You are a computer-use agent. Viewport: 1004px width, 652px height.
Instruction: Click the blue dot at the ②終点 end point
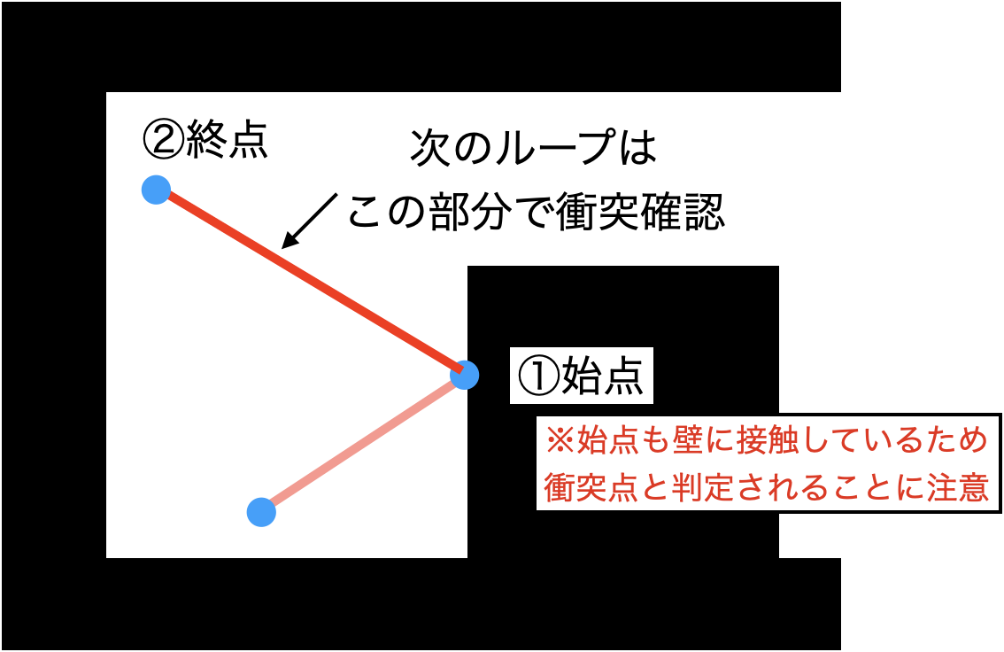pos(156,190)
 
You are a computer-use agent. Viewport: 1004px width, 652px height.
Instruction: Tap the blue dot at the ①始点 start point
pos(464,375)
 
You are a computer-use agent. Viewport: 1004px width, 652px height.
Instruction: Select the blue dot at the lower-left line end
pos(261,512)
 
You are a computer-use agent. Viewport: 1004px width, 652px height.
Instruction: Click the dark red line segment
pos(310,282)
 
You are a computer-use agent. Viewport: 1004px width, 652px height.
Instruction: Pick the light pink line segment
pos(362,443)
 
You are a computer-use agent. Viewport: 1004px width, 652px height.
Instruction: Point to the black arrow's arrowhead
pos(290,239)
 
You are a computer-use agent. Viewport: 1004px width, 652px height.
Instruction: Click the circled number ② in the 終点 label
pos(163,140)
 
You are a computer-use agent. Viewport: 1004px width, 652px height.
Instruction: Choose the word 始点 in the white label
pos(602,376)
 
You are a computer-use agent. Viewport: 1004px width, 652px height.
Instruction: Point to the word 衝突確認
pos(639,211)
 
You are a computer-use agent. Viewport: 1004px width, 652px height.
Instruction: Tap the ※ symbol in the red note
pos(560,441)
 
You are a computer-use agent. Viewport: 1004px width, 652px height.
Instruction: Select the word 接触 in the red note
pos(768,440)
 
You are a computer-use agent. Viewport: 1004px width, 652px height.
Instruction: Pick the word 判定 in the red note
pos(703,487)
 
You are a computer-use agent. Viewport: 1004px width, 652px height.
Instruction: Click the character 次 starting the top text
pos(429,147)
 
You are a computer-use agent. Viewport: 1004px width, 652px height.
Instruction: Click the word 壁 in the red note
pos(688,440)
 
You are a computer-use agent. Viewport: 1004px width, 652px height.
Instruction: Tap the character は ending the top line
pos(637,147)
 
